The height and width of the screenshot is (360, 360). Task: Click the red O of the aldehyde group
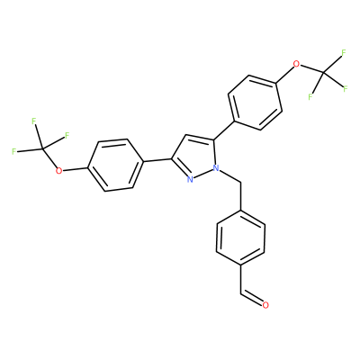tap(265, 305)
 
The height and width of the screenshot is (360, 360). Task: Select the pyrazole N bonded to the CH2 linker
tap(215, 168)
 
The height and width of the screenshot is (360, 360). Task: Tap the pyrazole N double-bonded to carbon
tap(190, 179)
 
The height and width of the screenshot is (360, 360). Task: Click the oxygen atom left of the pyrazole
tap(59, 171)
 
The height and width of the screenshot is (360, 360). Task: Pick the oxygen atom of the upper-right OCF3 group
tap(296, 64)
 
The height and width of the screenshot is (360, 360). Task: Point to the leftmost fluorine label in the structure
tap(13, 151)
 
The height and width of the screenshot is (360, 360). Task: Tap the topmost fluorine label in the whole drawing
tap(344, 53)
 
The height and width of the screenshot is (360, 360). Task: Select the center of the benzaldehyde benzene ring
tap(240, 238)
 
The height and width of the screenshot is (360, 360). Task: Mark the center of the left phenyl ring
tap(115, 165)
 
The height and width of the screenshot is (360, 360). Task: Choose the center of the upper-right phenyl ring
tap(256, 103)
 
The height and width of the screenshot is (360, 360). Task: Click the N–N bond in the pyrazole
tap(202, 174)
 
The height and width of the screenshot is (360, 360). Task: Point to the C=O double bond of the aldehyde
tap(251, 298)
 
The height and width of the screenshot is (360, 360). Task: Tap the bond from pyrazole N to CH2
tap(229, 175)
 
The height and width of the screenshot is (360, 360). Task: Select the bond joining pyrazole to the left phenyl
tap(157, 160)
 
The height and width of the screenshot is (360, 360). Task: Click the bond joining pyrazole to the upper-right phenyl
tap(223, 130)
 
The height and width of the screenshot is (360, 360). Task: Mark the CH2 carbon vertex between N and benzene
tap(240, 182)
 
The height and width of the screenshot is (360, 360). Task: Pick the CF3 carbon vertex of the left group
tap(42, 148)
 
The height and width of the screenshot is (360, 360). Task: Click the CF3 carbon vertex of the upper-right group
tap(323, 72)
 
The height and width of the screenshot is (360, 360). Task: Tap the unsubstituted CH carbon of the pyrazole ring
tap(186, 134)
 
